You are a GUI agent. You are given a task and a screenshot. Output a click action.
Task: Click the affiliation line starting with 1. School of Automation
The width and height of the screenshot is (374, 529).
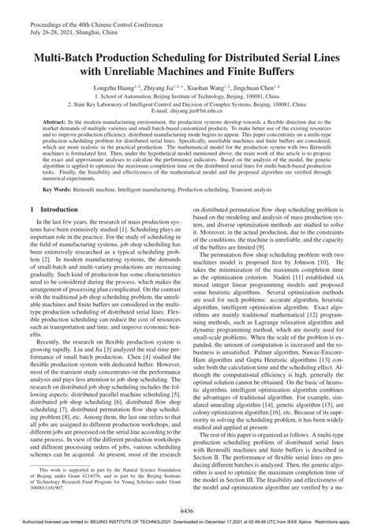click(187, 95)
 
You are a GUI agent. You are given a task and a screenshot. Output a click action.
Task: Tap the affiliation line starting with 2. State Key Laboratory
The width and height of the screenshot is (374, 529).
click(187, 103)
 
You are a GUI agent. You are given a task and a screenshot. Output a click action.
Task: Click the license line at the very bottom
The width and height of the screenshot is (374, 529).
click(187, 523)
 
